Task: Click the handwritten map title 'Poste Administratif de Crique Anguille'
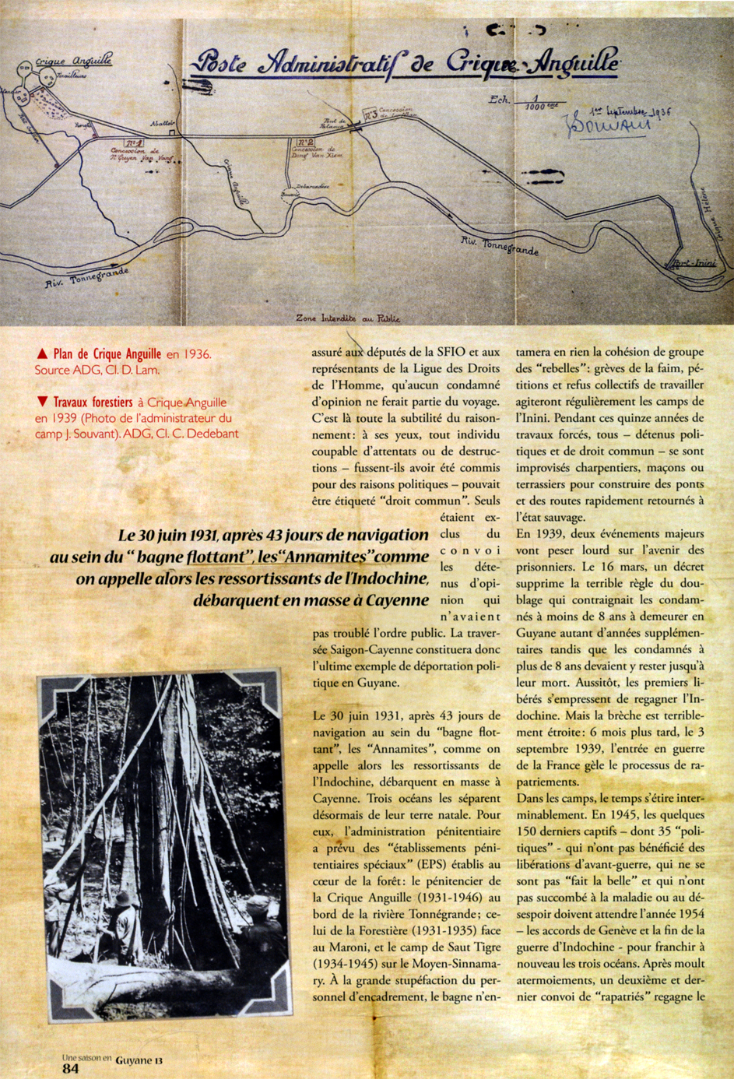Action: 405,62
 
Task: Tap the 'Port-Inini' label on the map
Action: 694,262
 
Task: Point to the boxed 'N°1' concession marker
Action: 133,143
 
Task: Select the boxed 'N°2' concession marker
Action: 305,142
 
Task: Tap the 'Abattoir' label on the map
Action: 163,125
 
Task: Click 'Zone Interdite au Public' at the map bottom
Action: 348,318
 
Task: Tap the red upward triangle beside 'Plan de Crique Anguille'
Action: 42,354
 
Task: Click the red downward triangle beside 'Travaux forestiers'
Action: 42,402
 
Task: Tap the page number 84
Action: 70,1069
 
